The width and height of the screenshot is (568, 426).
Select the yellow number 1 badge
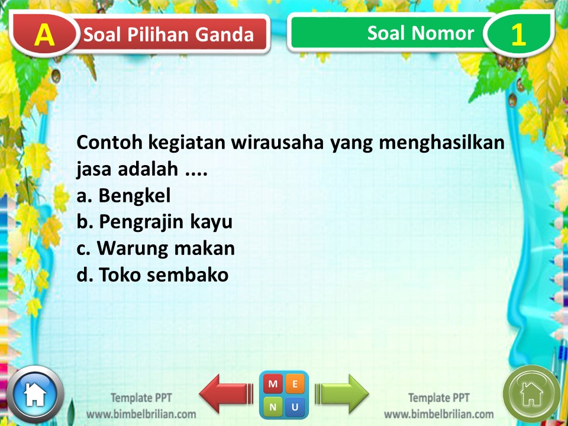[518, 35]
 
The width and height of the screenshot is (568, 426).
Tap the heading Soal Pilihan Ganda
[169, 35]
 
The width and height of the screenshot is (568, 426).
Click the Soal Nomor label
[420, 33]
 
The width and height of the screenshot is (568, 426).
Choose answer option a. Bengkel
[124, 195]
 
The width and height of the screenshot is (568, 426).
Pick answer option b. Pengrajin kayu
[154, 222]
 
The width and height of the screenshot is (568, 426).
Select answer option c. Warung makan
[156, 248]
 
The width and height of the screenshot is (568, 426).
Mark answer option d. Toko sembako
[153, 275]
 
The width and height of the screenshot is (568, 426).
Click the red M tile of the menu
[273, 384]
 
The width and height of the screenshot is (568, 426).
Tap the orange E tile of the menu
[295, 384]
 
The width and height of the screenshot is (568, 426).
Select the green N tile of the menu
[273, 406]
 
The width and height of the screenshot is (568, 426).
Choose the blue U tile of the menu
[295, 406]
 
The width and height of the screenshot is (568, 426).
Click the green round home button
[531, 393]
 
